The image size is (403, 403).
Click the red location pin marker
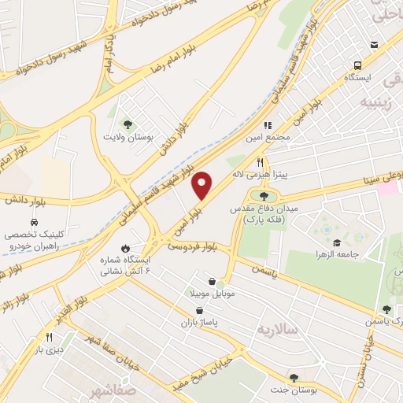pyautogui.click(x=202, y=184)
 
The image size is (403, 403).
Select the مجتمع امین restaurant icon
pyautogui.click(x=268, y=124)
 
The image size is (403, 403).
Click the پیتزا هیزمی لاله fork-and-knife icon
pyautogui.click(x=260, y=161)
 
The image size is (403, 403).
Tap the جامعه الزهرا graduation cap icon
pyautogui.click(x=337, y=242)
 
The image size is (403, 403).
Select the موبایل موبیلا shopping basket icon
pyautogui.click(x=212, y=281)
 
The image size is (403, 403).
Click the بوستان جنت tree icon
pyautogui.click(x=294, y=379)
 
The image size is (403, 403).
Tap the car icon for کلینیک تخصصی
pyautogui.click(x=35, y=223)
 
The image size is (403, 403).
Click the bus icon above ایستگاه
pyautogui.click(x=358, y=66)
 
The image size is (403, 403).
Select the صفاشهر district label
pyautogui.click(x=113, y=391)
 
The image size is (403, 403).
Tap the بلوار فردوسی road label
pyautogui.click(x=191, y=246)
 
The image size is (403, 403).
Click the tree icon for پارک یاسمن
pyautogui.click(x=386, y=310)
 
